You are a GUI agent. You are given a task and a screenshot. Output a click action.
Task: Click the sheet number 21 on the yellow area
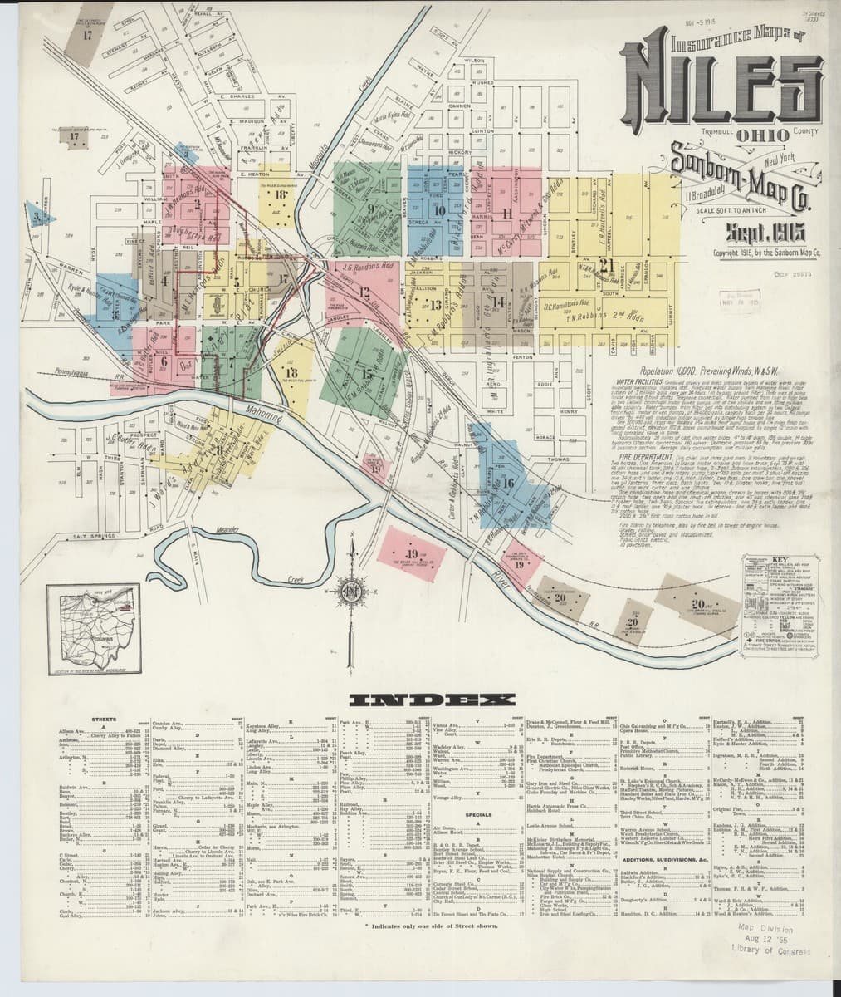click(x=611, y=265)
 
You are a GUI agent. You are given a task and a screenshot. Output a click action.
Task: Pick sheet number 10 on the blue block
click(x=440, y=210)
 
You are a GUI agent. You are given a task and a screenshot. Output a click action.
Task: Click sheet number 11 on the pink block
click(x=506, y=212)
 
